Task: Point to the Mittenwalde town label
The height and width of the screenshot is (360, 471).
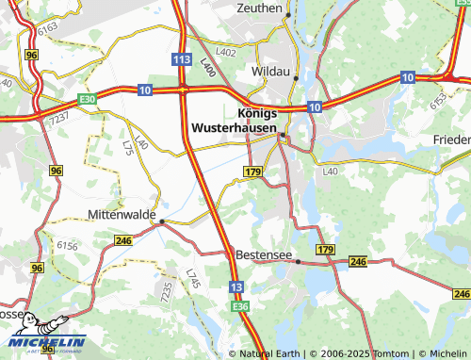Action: point(121,215)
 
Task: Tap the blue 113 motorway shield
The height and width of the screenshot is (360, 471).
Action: point(183,58)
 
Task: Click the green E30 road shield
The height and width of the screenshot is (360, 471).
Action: point(88,98)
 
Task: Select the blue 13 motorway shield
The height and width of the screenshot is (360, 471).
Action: point(235,286)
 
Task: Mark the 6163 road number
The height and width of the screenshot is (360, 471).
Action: point(49,31)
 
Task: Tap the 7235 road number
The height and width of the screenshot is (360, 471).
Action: point(167,292)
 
